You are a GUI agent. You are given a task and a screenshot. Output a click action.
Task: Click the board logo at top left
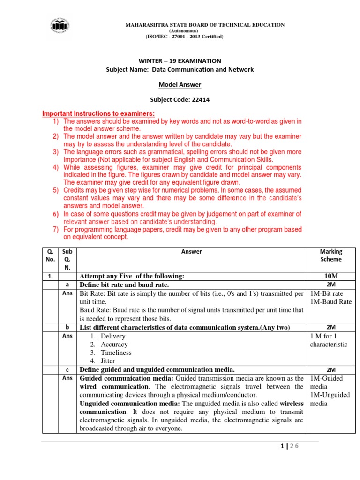click(58, 26)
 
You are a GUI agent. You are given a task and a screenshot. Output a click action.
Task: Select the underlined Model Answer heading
click(180, 84)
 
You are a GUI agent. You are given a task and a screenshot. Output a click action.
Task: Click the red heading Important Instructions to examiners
click(98, 114)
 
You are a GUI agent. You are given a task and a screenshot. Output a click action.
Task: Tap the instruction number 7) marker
click(55, 230)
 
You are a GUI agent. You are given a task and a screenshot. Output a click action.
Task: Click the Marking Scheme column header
click(331, 255)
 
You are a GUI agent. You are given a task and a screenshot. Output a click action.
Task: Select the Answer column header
click(191, 252)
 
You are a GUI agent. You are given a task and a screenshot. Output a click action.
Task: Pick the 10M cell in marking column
click(331, 277)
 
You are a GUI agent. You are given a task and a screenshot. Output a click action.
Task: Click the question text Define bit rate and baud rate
click(124, 285)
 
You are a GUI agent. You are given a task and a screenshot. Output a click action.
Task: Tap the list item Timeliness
click(116, 352)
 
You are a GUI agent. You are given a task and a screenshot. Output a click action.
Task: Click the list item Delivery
click(113, 336)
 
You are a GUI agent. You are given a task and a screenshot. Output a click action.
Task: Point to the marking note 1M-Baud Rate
click(331, 302)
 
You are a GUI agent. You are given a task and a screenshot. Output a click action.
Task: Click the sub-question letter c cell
click(68, 369)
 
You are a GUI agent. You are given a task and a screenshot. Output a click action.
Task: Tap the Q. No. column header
click(51, 255)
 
